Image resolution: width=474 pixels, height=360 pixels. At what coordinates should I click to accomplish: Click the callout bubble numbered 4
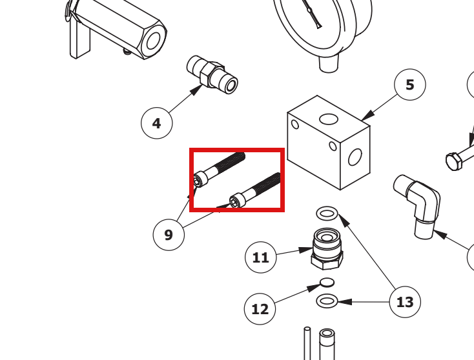[156, 123]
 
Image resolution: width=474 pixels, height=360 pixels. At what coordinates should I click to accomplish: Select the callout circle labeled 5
[410, 85]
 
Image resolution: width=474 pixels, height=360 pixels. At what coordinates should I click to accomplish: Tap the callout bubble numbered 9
[169, 235]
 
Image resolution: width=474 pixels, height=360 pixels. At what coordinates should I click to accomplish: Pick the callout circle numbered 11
[261, 257]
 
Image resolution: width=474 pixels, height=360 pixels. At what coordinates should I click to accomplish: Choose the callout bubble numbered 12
[260, 308]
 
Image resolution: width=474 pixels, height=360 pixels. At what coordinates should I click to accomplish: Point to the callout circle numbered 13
[405, 302]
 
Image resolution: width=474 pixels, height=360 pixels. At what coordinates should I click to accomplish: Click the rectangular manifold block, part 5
[329, 143]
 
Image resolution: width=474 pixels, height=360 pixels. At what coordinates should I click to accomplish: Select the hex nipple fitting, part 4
[212, 75]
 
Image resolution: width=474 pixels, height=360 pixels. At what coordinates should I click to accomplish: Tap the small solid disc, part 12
[327, 283]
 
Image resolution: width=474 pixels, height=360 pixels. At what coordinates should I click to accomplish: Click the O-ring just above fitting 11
[327, 214]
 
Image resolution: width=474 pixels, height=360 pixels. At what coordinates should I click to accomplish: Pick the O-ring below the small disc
[327, 301]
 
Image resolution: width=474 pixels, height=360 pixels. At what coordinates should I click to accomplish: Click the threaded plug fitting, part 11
[327, 249]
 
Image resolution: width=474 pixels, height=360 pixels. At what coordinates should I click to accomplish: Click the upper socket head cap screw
[219, 170]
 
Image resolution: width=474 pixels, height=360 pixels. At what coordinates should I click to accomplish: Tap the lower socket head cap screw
[255, 190]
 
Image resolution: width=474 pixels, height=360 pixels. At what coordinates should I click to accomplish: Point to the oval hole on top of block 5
[329, 119]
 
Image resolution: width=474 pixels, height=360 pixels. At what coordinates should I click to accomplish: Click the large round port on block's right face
[355, 157]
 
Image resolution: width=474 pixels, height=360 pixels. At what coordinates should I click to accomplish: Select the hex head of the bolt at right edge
[454, 161]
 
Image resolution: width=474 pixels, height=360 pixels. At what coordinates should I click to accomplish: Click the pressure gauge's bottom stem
[329, 64]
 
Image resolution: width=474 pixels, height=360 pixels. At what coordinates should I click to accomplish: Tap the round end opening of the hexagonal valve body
[154, 41]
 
